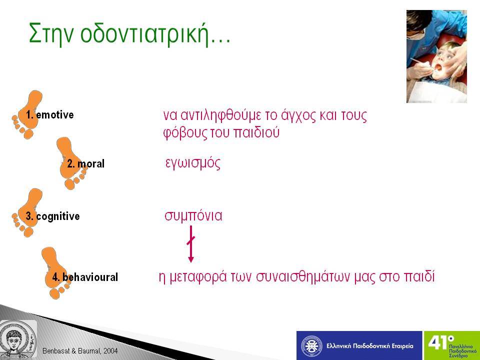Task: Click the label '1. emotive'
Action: click(x=50, y=115)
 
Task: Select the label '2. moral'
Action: click(x=85, y=164)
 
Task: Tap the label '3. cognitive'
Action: click(x=52, y=216)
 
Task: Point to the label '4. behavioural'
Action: click(x=85, y=277)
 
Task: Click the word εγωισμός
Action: click(x=193, y=163)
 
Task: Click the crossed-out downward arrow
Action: click(x=190, y=244)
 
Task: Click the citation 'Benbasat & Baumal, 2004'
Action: click(x=80, y=351)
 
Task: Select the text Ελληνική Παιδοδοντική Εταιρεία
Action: click(x=370, y=346)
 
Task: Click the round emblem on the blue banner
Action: click(x=311, y=346)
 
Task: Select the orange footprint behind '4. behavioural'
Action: click(x=55, y=273)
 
